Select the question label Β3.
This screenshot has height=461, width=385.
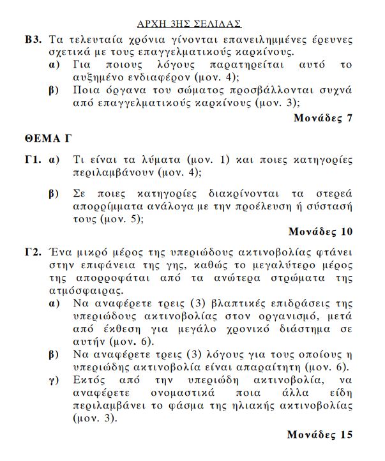tap(33, 39)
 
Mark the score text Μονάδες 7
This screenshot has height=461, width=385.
tap(322, 117)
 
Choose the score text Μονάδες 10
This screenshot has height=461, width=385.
tap(320, 230)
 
